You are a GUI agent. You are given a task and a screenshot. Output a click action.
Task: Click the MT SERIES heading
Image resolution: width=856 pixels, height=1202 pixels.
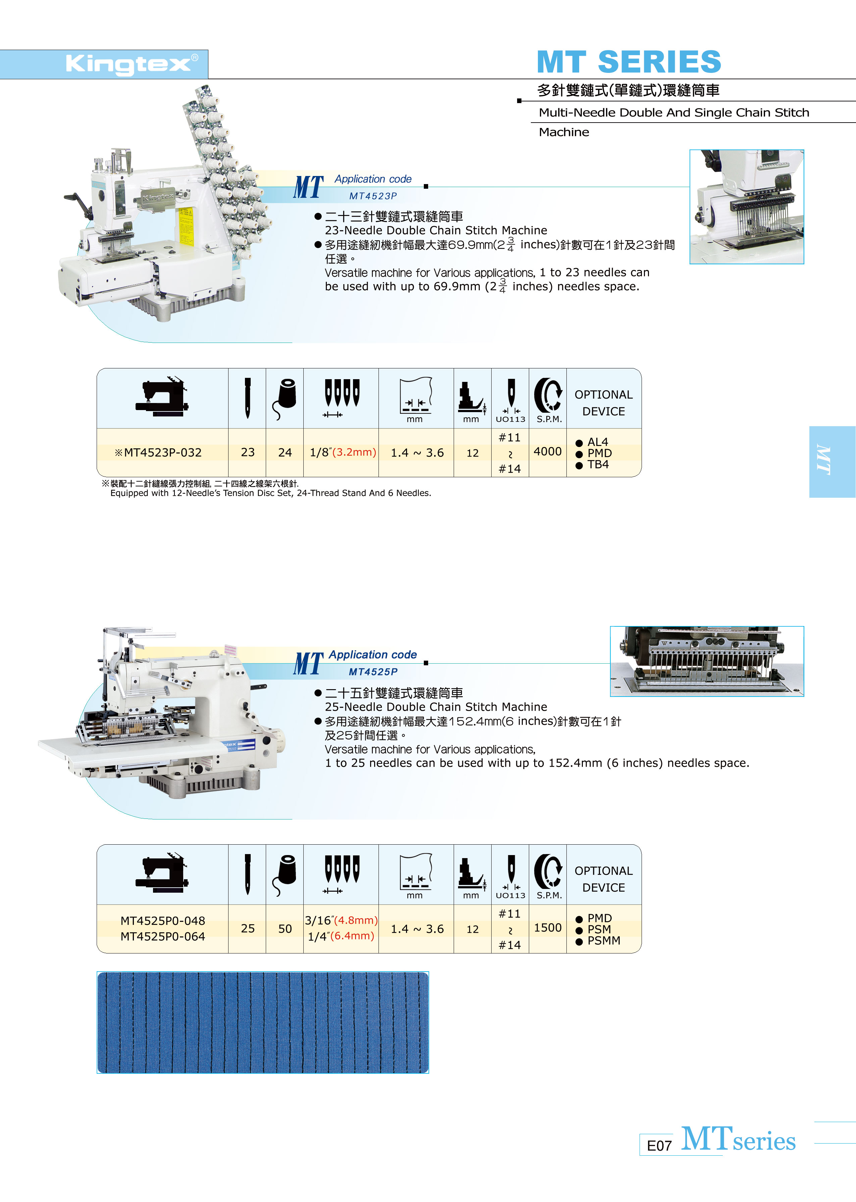[x=629, y=62]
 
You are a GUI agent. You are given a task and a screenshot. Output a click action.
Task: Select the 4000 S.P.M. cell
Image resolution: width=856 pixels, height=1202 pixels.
[x=548, y=451]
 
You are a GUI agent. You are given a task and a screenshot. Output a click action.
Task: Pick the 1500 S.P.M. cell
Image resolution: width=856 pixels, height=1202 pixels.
[x=548, y=928]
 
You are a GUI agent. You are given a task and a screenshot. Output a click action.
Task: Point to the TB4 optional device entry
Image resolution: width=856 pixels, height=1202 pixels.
[x=598, y=464]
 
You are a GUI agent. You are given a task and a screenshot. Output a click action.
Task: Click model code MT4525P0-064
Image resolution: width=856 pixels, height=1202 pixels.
[x=163, y=937]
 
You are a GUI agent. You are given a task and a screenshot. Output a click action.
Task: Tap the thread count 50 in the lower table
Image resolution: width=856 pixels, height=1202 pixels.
[x=285, y=929]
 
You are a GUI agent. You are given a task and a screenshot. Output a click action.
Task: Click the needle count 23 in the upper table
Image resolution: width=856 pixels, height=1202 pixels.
[x=248, y=452]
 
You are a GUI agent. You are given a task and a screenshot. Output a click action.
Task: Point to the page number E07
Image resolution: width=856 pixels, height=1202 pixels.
[x=659, y=1146]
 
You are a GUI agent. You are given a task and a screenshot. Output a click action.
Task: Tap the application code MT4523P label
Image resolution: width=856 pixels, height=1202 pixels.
[x=373, y=196]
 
